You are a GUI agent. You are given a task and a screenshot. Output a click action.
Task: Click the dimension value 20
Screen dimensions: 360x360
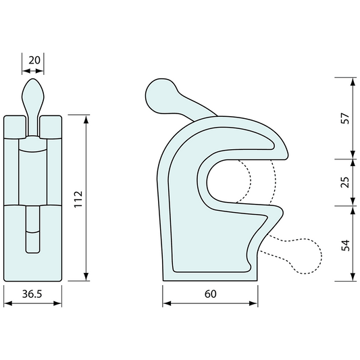pyautogui.click(x=34, y=60)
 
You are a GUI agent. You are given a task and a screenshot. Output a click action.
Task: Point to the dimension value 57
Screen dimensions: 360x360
pyautogui.click(x=344, y=118)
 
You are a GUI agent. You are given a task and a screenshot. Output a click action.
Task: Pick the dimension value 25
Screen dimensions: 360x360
pyautogui.click(x=344, y=182)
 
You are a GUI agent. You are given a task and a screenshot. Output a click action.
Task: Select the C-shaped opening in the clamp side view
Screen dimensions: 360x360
pyautogui.click(x=223, y=181)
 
